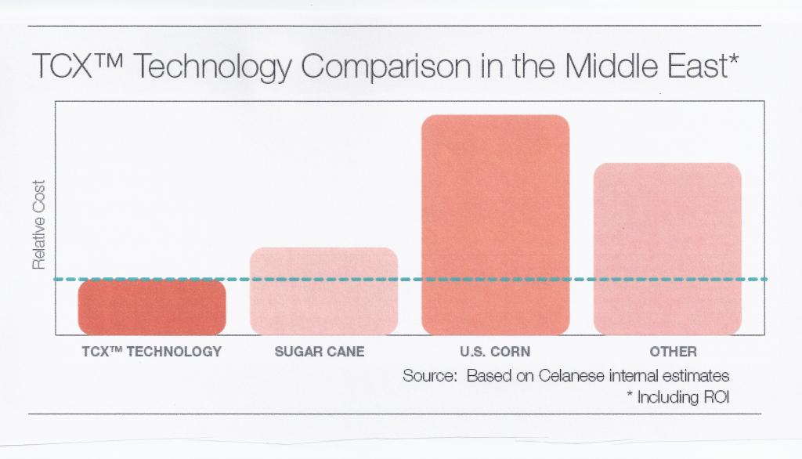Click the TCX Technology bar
[x=152, y=307]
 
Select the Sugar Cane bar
[x=323, y=291]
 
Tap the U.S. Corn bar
[x=495, y=225]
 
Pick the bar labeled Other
[x=667, y=249]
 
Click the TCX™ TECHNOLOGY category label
[x=152, y=352]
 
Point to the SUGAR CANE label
[x=320, y=352]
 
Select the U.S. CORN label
[x=494, y=352]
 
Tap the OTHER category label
[x=673, y=352]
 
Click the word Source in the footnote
[x=429, y=375]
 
